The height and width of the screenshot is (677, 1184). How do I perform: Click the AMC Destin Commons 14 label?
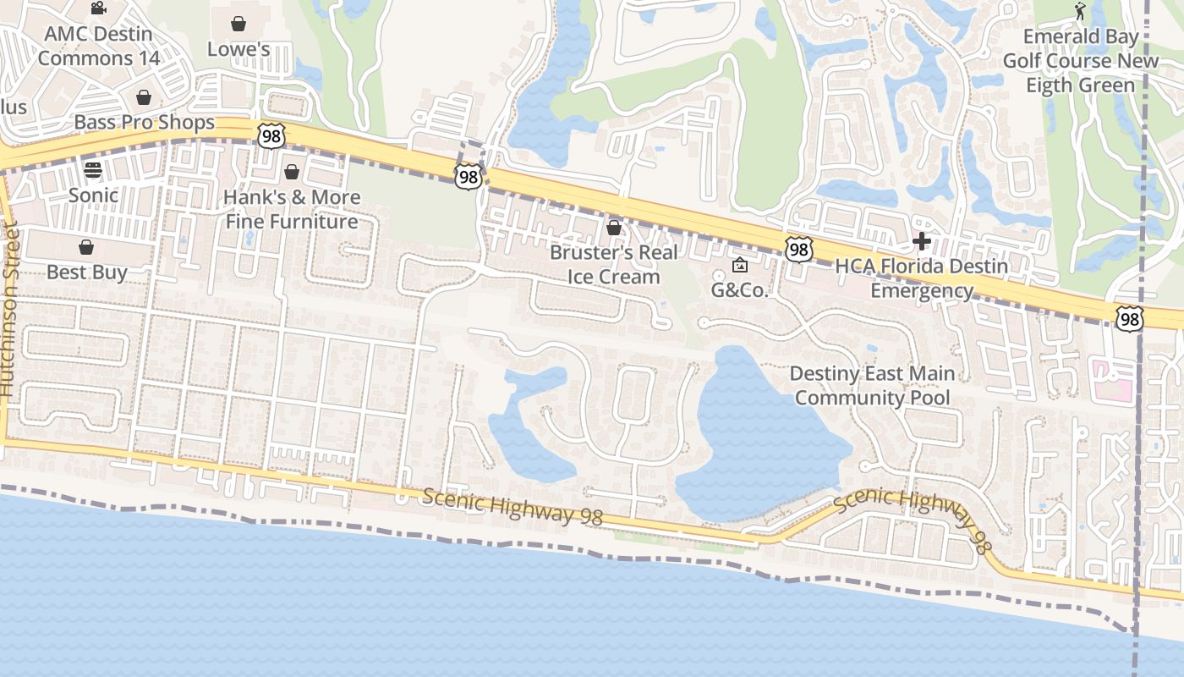click(98, 47)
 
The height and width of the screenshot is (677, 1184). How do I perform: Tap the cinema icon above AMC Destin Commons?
click(98, 8)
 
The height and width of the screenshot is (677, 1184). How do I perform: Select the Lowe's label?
click(238, 49)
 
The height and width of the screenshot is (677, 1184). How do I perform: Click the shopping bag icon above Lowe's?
click(238, 24)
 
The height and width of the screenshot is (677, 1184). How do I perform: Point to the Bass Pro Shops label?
click(145, 122)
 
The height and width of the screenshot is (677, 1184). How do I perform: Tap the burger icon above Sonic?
click(93, 169)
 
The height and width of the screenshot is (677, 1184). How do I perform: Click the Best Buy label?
click(86, 272)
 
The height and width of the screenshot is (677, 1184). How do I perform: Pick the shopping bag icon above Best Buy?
click(85, 247)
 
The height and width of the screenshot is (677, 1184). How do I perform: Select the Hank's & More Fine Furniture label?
click(292, 209)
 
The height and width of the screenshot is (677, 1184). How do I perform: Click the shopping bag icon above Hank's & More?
click(292, 173)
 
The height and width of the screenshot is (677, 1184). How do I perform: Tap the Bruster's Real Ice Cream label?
click(614, 264)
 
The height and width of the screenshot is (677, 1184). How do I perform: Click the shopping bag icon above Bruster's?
click(614, 228)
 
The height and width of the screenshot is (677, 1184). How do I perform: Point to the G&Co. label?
click(739, 290)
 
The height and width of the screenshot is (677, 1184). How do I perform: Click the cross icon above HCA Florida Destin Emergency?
click(922, 242)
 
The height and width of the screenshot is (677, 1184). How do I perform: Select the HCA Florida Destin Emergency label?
click(922, 278)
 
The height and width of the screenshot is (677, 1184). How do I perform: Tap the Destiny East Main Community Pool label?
click(872, 386)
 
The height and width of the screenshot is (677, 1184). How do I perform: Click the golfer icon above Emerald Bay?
click(1080, 11)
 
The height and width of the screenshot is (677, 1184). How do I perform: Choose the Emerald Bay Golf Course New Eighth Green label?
click(1080, 61)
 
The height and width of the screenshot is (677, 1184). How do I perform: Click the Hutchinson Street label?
click(9, 309)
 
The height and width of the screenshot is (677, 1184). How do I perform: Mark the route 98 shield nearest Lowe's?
click(271, 136)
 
